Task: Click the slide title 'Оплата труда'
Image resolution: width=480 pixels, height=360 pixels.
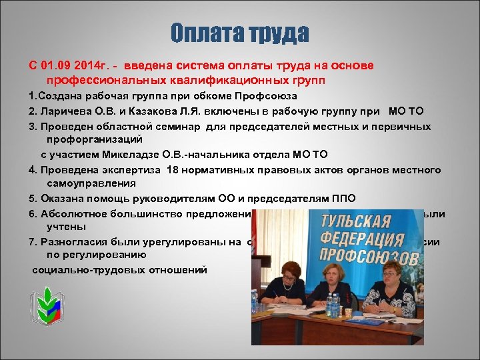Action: [x=239, y=33]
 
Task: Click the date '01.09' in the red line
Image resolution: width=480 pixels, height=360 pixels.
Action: [x=55, y=66]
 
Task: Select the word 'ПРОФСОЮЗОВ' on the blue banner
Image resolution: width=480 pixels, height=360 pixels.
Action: [x=367, y=255]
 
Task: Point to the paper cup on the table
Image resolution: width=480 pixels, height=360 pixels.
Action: [x=347, y=311]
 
